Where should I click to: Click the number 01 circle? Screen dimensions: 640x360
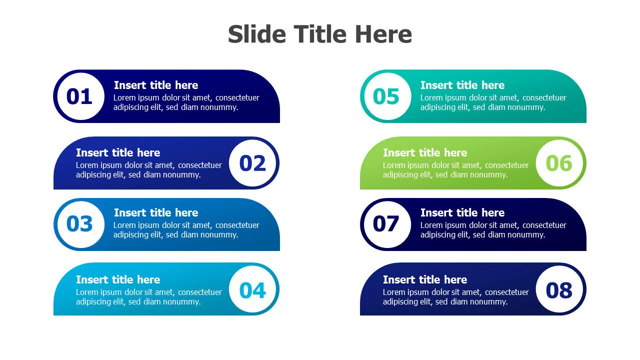click(81, 96)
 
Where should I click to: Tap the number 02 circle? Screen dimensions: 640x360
click(252, 163)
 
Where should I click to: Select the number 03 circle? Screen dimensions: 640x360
click(81, 224)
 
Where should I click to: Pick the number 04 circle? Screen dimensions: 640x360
click(252, 289)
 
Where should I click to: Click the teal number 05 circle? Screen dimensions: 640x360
click(387, 96)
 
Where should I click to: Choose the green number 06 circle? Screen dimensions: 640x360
click(559, 163)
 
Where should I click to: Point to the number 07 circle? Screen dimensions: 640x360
click(387, 224)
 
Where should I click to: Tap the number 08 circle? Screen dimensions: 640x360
click(559, 289)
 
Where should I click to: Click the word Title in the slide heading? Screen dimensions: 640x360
click(320, 34)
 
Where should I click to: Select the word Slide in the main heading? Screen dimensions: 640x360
click(257, 34)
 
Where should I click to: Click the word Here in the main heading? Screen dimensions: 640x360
click(383, 34)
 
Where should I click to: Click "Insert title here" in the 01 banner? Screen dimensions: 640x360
click(156, 85)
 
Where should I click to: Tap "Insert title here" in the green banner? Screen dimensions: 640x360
click(425, 152)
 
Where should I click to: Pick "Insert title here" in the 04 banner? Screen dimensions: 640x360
click(118, 279)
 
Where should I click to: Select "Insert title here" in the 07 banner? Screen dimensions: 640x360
click(462, 212)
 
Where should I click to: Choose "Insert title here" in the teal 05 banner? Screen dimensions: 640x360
click(462, 85)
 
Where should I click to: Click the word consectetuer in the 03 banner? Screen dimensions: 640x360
click(237, 225)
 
